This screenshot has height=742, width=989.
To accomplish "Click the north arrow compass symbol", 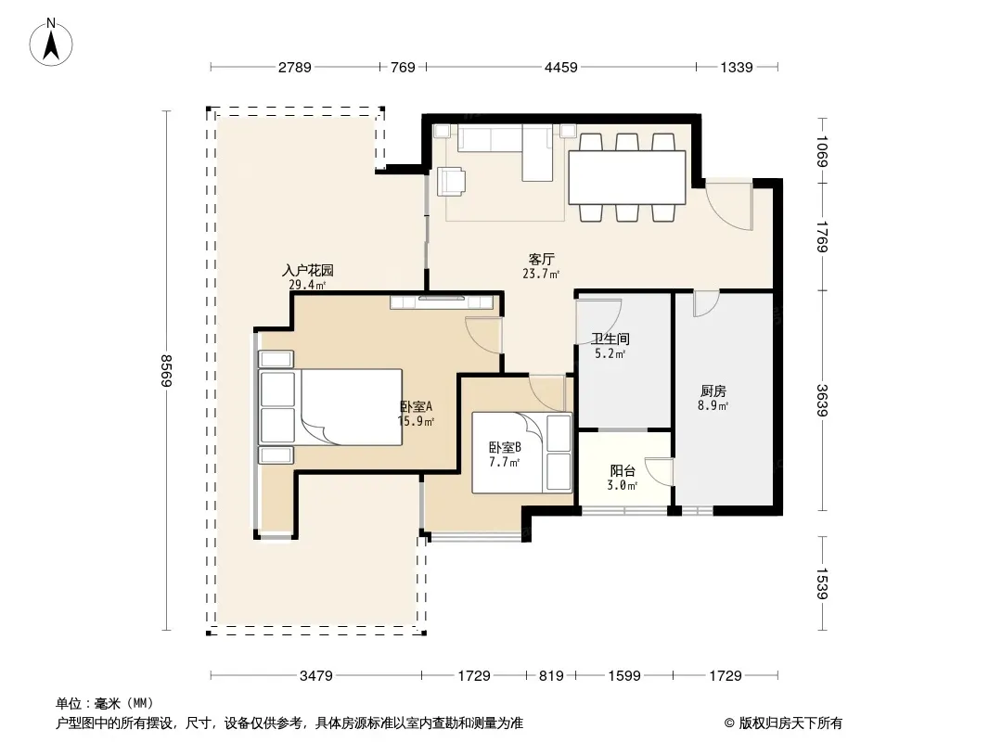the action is click(51, 43).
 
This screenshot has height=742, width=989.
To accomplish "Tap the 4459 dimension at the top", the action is click(560, 67).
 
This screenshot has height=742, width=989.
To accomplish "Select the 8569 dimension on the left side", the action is click(166, 371).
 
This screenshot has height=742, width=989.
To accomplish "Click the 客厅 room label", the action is click(541, 259).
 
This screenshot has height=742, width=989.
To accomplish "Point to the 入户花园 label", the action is click(308, 271).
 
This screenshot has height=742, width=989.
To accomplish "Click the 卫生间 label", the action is click(610, 339).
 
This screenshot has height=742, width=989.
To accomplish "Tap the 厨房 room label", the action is click(713, 390).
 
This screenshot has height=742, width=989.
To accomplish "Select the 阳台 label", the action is click(623, 471).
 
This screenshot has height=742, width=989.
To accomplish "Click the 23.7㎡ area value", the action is click(541, 274).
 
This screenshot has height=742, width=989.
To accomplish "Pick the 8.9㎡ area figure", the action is click(713, 406).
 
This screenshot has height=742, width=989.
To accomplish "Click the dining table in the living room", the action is click(627, 177).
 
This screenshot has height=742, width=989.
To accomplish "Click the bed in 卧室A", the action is click(330, 406).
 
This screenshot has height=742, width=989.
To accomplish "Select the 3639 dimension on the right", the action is click(822, 401).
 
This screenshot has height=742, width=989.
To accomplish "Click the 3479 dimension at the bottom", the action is click(316, 676).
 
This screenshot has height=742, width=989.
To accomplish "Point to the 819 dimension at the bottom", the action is click(551, 676).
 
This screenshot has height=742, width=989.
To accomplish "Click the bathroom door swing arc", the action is click(598, 322).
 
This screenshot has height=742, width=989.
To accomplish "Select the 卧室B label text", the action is click(505, 448).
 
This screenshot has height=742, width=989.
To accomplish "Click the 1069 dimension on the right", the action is click(822, 151).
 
